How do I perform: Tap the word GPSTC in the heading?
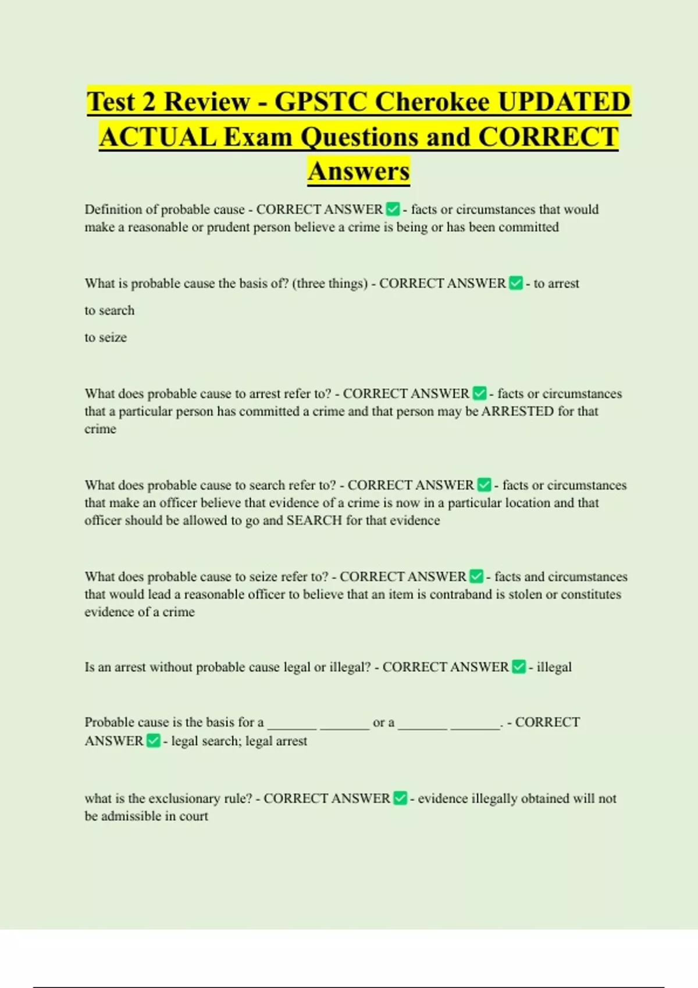tap(320, 102)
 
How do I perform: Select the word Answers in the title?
tap(359, 171)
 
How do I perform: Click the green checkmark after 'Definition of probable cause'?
tap(393, 209)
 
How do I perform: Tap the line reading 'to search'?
tap(109, 310)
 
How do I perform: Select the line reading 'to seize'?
tap(105, 337)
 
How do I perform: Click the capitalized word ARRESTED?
tap(517, 411)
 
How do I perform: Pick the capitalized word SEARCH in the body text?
tap(314, 520)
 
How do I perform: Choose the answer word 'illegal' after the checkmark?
tap(554, 667)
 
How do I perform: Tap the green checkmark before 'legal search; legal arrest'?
tap(154, 741)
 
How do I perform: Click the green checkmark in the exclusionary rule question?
tap(400, 799)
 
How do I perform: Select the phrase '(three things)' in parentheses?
tap(330, 284)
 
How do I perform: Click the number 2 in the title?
tap(148, 102)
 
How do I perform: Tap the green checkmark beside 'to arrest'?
tap(516, 284)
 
